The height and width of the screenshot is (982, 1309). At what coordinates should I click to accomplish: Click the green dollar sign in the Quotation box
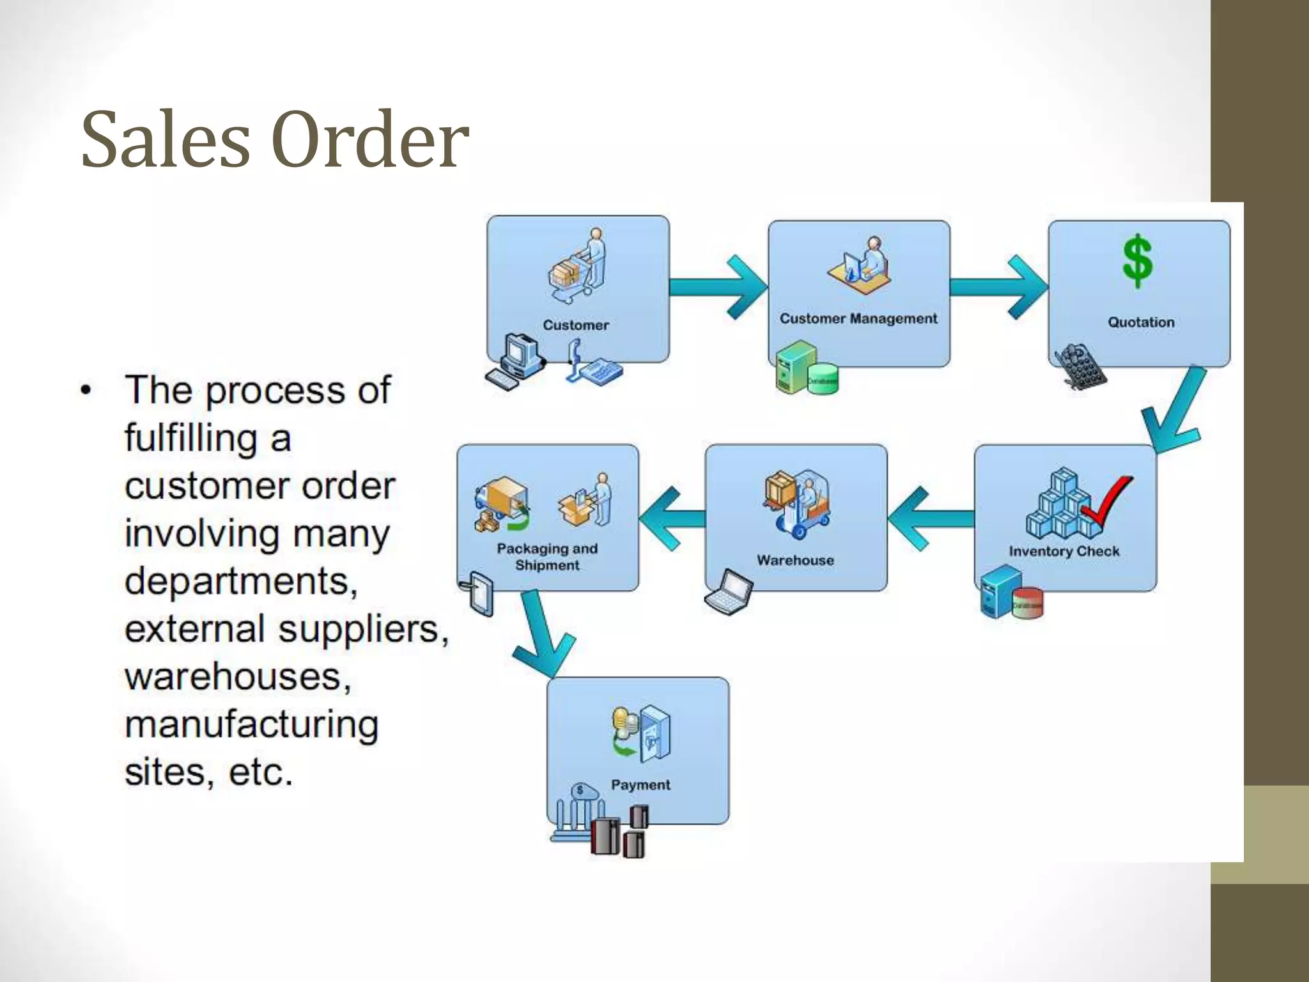click(x=1138, y=261)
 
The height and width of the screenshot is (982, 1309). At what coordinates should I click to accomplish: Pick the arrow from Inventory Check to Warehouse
click(x=930, y=518)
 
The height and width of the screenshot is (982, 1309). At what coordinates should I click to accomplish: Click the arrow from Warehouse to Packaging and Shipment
click(x=671, y=518)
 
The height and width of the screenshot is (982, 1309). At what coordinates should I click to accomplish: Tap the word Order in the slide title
click(x=370, y=140)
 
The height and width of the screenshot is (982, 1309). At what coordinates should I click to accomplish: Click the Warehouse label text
click(x=795, y=560)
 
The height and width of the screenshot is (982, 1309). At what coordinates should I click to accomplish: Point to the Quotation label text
click(x=1141, y=322)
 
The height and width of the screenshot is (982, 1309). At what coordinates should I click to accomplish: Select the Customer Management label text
click(x=858, y=318)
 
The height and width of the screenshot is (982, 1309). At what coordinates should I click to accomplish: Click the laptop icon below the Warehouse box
click(x=729, y=591)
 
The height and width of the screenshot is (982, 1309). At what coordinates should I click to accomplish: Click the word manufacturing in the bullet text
click(x=252, y=725)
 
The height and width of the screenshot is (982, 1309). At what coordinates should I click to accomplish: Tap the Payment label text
click(x=640, y=784)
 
